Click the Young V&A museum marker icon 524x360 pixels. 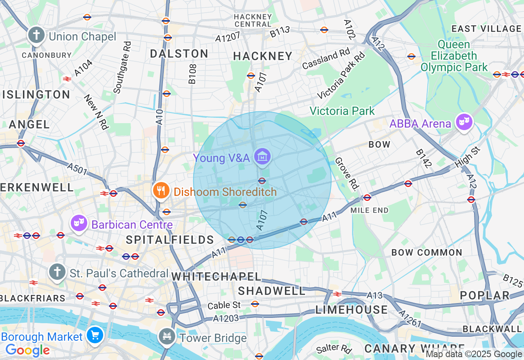point(262,156)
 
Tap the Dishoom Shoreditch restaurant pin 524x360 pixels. point(161,191)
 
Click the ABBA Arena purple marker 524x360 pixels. point(464,122)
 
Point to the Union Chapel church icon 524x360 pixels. point(36,35)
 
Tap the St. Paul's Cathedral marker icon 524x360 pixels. point(57,272)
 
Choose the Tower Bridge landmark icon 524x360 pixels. point(167,337)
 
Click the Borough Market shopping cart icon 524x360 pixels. point(95,335)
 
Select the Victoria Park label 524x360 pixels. point(342,111)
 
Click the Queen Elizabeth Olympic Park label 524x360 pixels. point(454,56)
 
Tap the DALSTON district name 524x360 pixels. point(179,54)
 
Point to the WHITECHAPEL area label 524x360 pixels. point(216,277)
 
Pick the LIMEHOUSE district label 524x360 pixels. point(352,310)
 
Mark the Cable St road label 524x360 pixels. point(224,305)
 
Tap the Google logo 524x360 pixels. point(27,350)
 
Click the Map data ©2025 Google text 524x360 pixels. point(474,354)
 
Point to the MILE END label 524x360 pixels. point(369,210)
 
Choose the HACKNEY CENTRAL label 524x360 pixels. point(253,20)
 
